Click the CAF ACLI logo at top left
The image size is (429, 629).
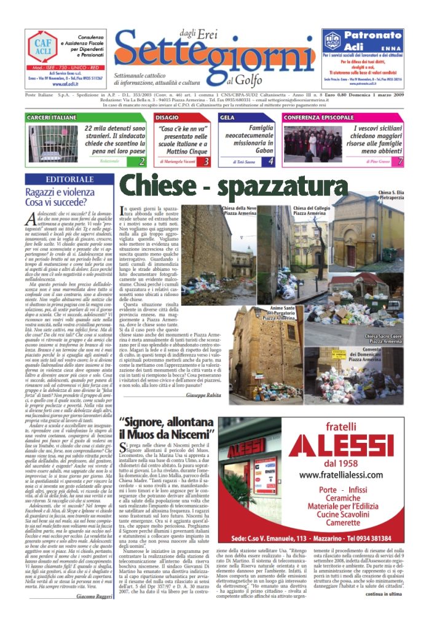(42, 45)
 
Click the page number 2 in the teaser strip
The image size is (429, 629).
(141, 162)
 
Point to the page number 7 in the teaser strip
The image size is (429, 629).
(400, 162)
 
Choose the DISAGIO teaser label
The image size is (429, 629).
(167, 117)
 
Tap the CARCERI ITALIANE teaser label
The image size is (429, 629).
(52, 117)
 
